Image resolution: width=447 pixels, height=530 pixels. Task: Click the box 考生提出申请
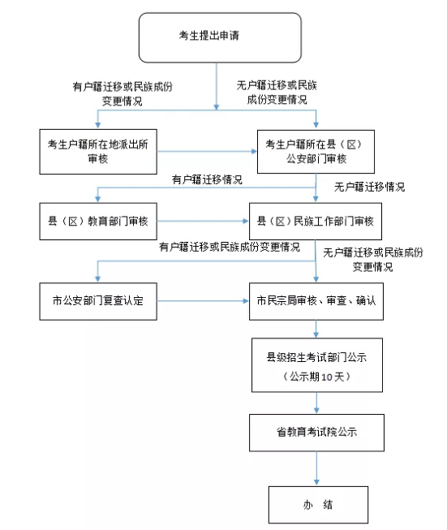click(x=220, y=37)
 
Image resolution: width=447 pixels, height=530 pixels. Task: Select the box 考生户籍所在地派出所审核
click(x=98, y=152)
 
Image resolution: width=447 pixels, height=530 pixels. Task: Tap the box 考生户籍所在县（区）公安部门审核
click(x=316, y=152)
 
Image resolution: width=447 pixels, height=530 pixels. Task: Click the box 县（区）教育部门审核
click(x=98, y=222)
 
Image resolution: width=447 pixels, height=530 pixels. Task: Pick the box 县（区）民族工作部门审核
click(x=316, y=222)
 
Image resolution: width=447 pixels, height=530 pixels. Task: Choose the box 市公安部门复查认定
click(x=98, y=301)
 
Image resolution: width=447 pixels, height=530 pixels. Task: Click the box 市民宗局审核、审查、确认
click(x=316, y=301)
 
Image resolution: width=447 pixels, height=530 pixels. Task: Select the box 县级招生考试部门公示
click(x=317, y=365)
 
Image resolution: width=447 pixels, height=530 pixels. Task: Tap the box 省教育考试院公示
click(x=316, y=433)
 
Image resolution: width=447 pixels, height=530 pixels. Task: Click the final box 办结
click(x=318, y=505)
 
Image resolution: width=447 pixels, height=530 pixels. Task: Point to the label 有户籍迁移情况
click(x=207, y=179)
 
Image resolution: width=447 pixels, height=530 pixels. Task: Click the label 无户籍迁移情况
click(x=369, y=187)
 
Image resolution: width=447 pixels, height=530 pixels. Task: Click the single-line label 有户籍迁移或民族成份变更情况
click(x=230, y=247)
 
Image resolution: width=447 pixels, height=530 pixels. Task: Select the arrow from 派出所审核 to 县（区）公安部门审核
click(x=207, y=152)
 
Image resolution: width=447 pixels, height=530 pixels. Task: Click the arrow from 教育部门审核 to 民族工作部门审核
click(x=203, y=222)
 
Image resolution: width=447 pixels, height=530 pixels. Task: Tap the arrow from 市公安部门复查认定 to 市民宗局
click(x=203, y=301)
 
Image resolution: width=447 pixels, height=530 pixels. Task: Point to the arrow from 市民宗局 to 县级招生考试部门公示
click(x=316, y=329)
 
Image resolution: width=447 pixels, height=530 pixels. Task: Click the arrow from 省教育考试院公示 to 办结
click(x=316, y=468)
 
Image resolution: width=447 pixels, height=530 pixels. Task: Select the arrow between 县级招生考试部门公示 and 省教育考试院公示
click(x=316, y=403)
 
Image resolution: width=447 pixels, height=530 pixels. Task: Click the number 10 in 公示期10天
click(x=327, y=377)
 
